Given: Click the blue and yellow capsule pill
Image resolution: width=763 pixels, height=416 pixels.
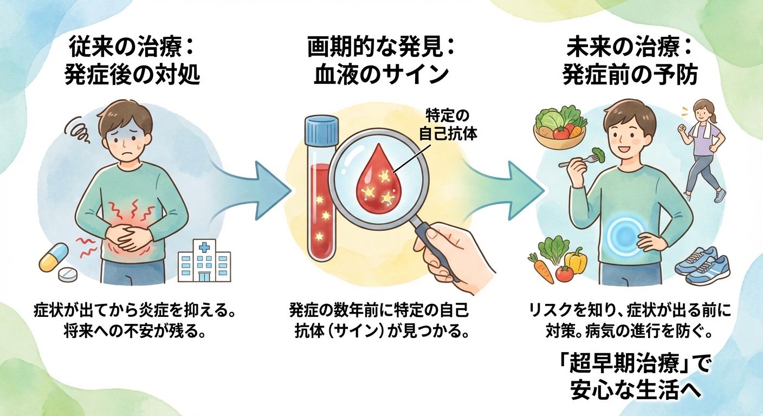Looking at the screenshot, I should coord(53,257).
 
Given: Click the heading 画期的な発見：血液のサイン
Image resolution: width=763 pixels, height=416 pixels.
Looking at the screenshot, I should coord(381,63).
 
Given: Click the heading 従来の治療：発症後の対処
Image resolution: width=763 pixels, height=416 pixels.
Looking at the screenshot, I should coord(132,63).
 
